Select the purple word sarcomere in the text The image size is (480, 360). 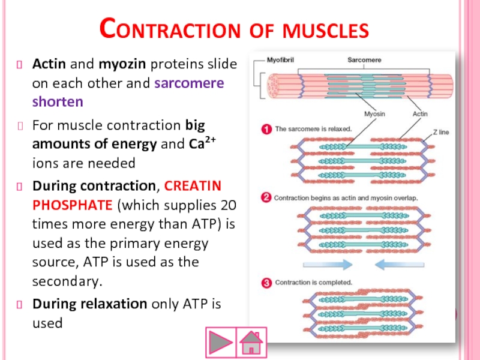click(189, 83)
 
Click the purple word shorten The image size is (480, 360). click(58, 101)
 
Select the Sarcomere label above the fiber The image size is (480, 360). click(364, 60)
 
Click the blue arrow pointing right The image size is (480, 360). click(328, 263)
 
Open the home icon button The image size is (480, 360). click(251, 343)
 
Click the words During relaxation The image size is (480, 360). click(89, 304)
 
